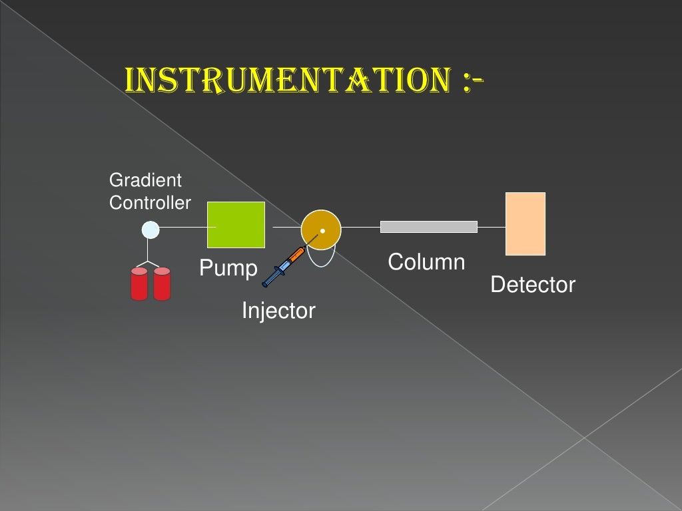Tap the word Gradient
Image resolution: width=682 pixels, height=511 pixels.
(x=145, y=180)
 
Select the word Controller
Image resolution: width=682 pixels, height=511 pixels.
(x=150, y=203)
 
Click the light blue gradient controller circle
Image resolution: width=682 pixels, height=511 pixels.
(x=151, y=230)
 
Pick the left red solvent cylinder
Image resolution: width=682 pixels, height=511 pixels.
(x=139, y=284)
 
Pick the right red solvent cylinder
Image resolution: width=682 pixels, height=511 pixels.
(x=162, y=284)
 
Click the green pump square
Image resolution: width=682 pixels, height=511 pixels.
(x=236, y=225)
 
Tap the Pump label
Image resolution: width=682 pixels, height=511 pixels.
(x=228, y=269)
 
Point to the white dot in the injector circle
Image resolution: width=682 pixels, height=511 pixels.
(x=322, y=231)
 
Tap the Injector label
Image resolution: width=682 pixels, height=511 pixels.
(x=278, y=311)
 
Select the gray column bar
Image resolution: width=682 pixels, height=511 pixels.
(x=428, y=227)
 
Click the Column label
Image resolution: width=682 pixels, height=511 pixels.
(x=426, y=262)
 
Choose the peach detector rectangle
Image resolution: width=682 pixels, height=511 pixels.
(x=525, y=224)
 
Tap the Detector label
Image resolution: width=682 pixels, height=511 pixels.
(x=532, y=285)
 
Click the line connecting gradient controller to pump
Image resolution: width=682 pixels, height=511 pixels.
(x=183, y=228)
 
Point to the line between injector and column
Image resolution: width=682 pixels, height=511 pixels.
(x=360, y=227)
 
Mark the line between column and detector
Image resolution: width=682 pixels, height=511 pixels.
(x=492, y=227)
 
